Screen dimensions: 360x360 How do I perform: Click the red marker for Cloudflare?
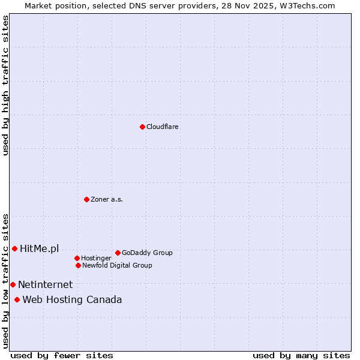tap(142, 127)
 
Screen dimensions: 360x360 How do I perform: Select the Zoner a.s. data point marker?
tap(86, 199)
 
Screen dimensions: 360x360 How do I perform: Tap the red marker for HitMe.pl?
tap(14, 248)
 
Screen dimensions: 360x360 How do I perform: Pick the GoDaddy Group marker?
tap(118, 253)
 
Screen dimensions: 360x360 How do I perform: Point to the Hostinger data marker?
tap(77, 258)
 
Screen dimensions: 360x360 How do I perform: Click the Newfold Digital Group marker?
tap(78, 265)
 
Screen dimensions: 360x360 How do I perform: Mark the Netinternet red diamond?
tap(13, 284)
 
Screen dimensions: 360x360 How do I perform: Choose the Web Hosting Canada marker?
tap(17, 299)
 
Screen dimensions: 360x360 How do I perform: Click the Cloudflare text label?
tap(162, 127)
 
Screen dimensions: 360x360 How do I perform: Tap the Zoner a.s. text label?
tap(107, 199)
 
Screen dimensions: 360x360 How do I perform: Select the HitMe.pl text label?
tap(39, 248)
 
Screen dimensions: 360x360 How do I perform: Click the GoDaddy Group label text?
tap(147, 253)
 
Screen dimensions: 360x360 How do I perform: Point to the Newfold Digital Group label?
tap(117, 265)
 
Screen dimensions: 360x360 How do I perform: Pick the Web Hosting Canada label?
tap(72, 299)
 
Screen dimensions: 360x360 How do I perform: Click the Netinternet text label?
tap(45, 284)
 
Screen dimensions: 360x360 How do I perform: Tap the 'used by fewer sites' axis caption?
tap(62, 355)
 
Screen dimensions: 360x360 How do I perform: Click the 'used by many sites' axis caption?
tap(301, 355)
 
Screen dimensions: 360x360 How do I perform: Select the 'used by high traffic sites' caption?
tap(5, 85)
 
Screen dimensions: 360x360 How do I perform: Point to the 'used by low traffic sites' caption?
tap(5, 281)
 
